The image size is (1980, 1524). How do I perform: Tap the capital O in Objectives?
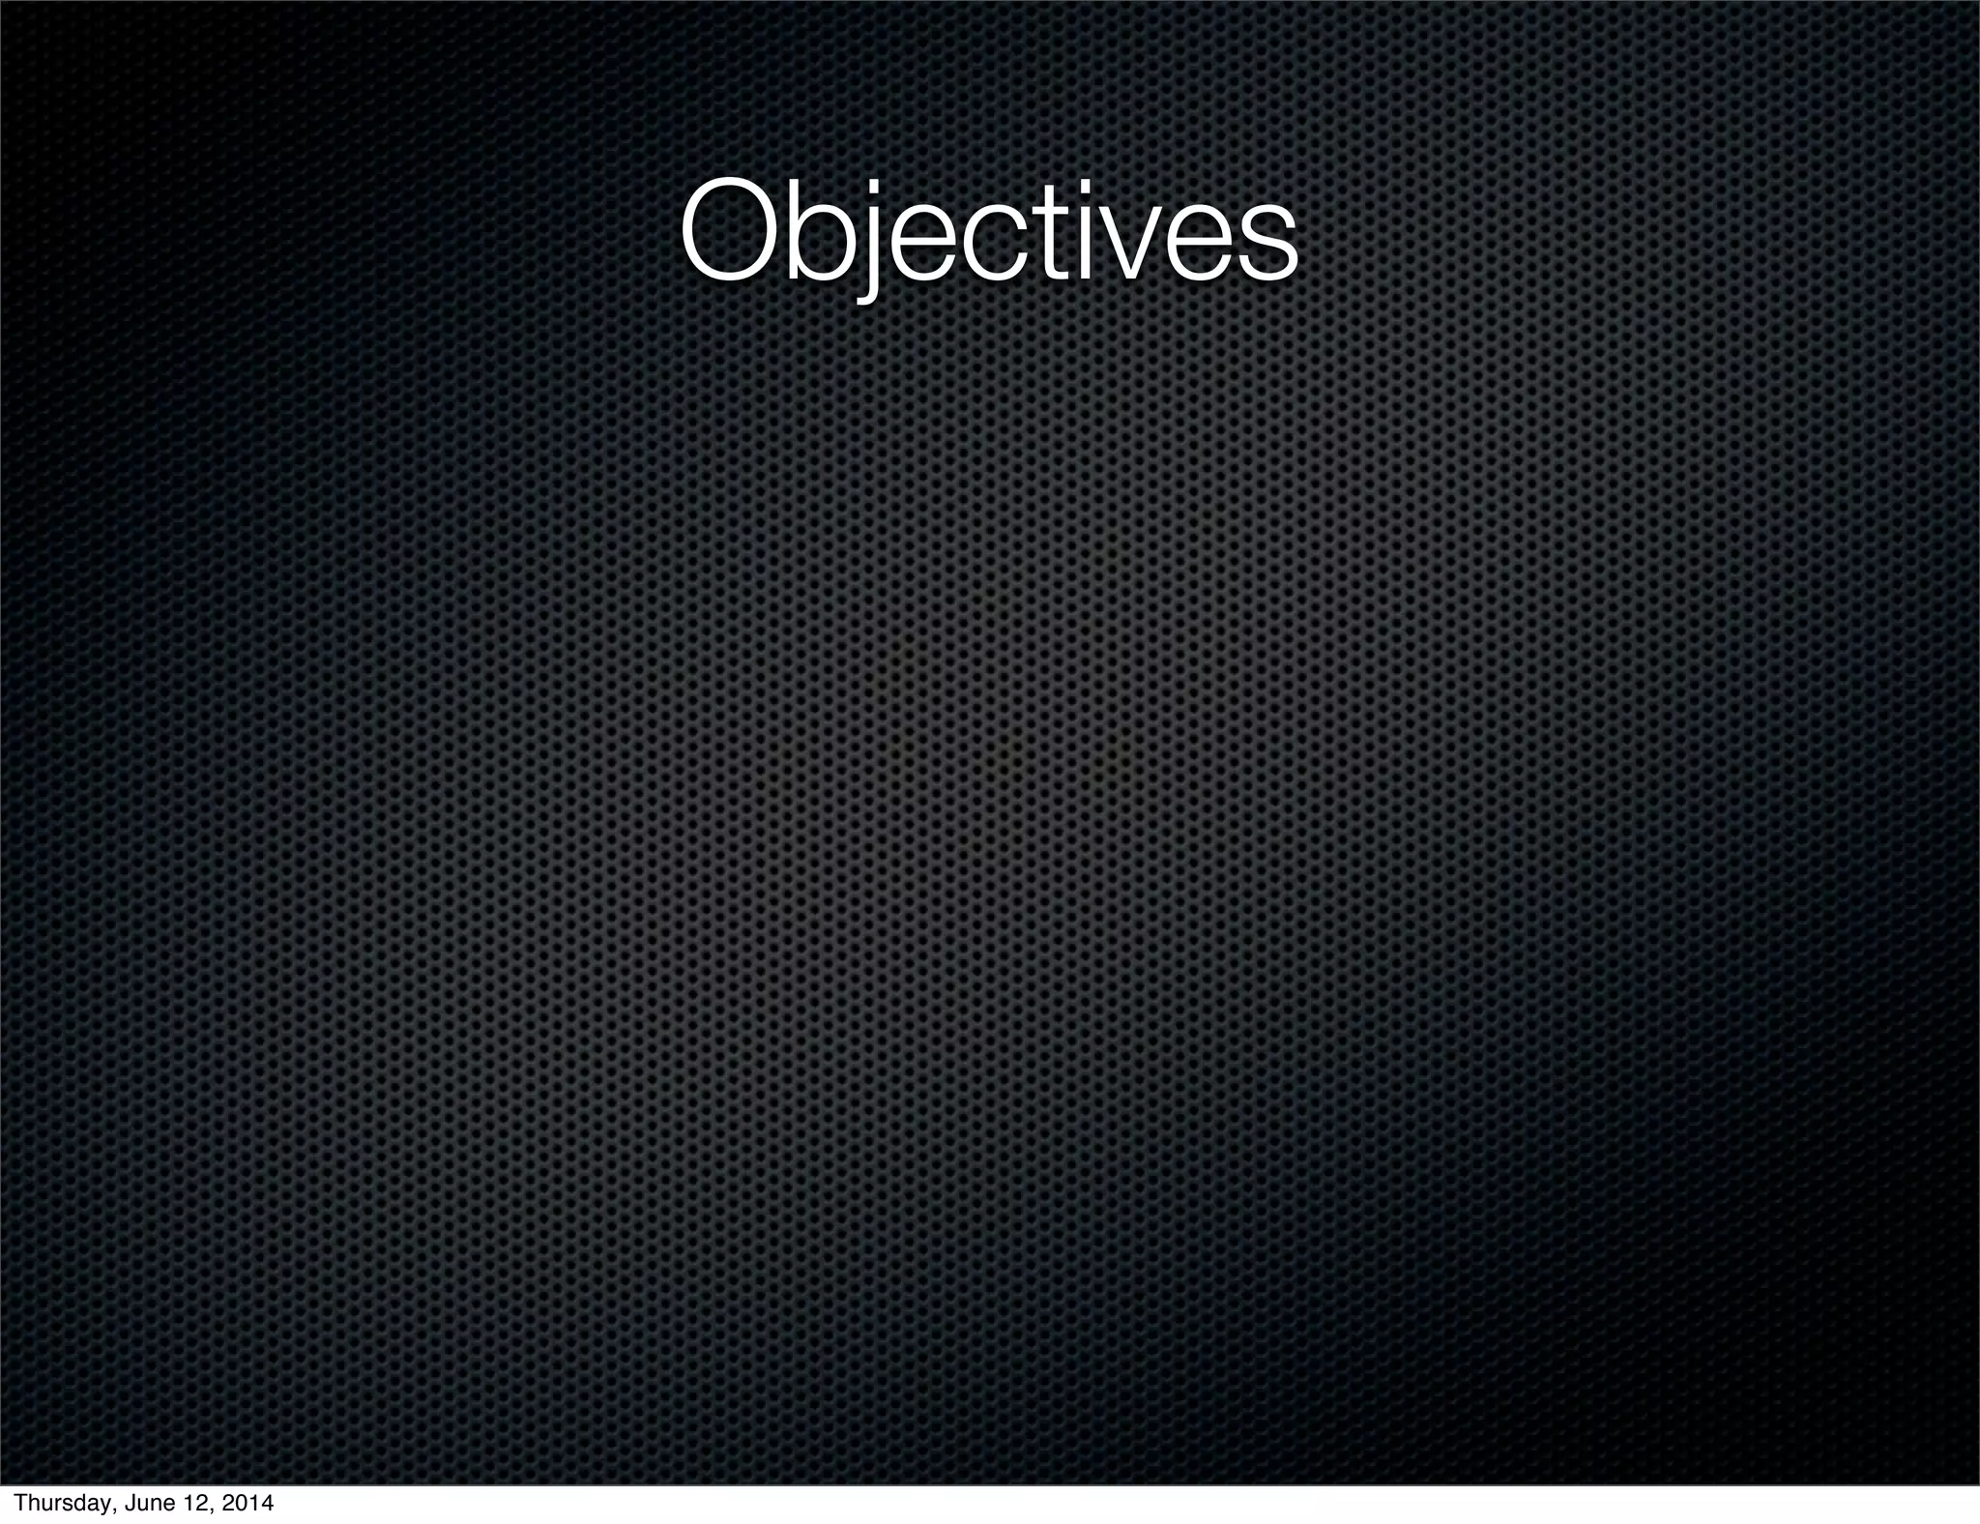coord(731,233)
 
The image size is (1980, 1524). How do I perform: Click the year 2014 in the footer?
coord(247,1504)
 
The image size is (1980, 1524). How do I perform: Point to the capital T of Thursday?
coord(20,1504)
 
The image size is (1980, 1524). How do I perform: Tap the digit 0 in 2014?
coord(243,1504)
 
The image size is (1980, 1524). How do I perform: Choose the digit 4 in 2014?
coord(266,1504)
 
